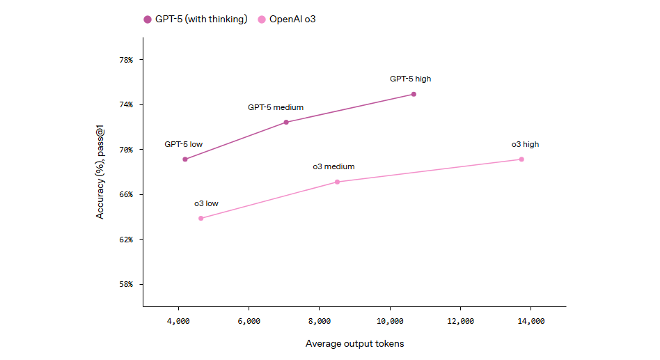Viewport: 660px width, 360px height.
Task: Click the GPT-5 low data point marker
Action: tap(184, 159)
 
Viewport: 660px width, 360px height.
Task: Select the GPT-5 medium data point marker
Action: tap(286, 123)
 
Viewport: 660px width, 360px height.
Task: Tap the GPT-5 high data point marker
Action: tap(414, 94)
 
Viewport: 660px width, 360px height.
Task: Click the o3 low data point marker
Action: tap(201, 219)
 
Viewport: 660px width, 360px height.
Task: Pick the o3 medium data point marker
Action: tap(337, 182)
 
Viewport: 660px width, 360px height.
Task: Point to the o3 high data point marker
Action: tap(521, 159)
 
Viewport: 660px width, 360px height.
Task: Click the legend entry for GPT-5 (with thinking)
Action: tap(196, 19)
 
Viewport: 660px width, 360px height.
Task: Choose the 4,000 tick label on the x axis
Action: tap(178, 322)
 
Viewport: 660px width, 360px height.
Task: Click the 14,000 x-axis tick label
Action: tap(531, 322)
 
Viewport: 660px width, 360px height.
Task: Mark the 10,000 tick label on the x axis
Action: tap(390, 322)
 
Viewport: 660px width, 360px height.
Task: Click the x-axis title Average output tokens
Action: tap(354, 344)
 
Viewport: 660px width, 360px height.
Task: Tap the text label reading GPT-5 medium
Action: tap(276, 108)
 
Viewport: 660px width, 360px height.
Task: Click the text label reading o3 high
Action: tap(525, 145)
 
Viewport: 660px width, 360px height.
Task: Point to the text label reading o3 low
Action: tap(206, 204)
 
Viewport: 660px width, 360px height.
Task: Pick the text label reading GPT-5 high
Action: tap(410, 79)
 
